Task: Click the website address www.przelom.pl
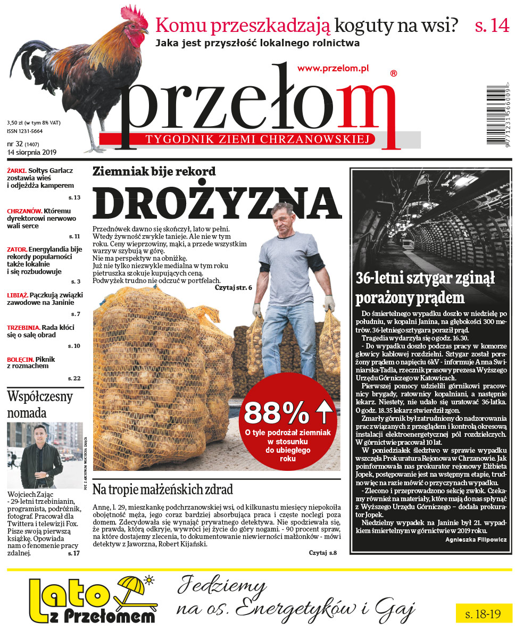pyautogui.click(x=333, y=68)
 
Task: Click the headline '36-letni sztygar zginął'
pyautogui.click(x=425, y=278)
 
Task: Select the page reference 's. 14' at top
pyautogui.click(x=492, y=26)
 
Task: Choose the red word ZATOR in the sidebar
pyautogui.click(x=16, y=249)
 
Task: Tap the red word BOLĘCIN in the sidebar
pyautogui.click(x=20, y=360)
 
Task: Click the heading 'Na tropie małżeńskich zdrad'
pyautogui.click(x=162, y=489)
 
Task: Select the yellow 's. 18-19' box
pyautogui.click(x=483, y=613)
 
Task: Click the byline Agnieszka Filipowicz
pyautogui.click(x=476, y=539)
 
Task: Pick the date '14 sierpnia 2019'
pyautogui.click(x=32, y=152)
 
